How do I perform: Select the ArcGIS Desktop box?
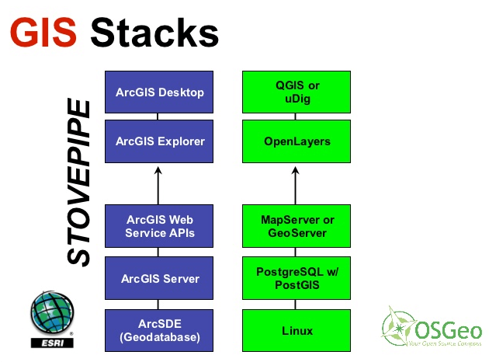click(x=159, y=92)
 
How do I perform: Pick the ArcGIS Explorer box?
click(x=159, y=141)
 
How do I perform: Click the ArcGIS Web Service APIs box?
click(x=159, y=226)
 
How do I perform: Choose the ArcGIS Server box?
click(x=159, y=278)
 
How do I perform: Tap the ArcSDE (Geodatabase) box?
click(x=159, y=331)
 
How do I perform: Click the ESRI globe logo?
click(x=51, y=314)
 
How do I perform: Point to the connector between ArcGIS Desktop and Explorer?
click(x=158, y=117)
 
